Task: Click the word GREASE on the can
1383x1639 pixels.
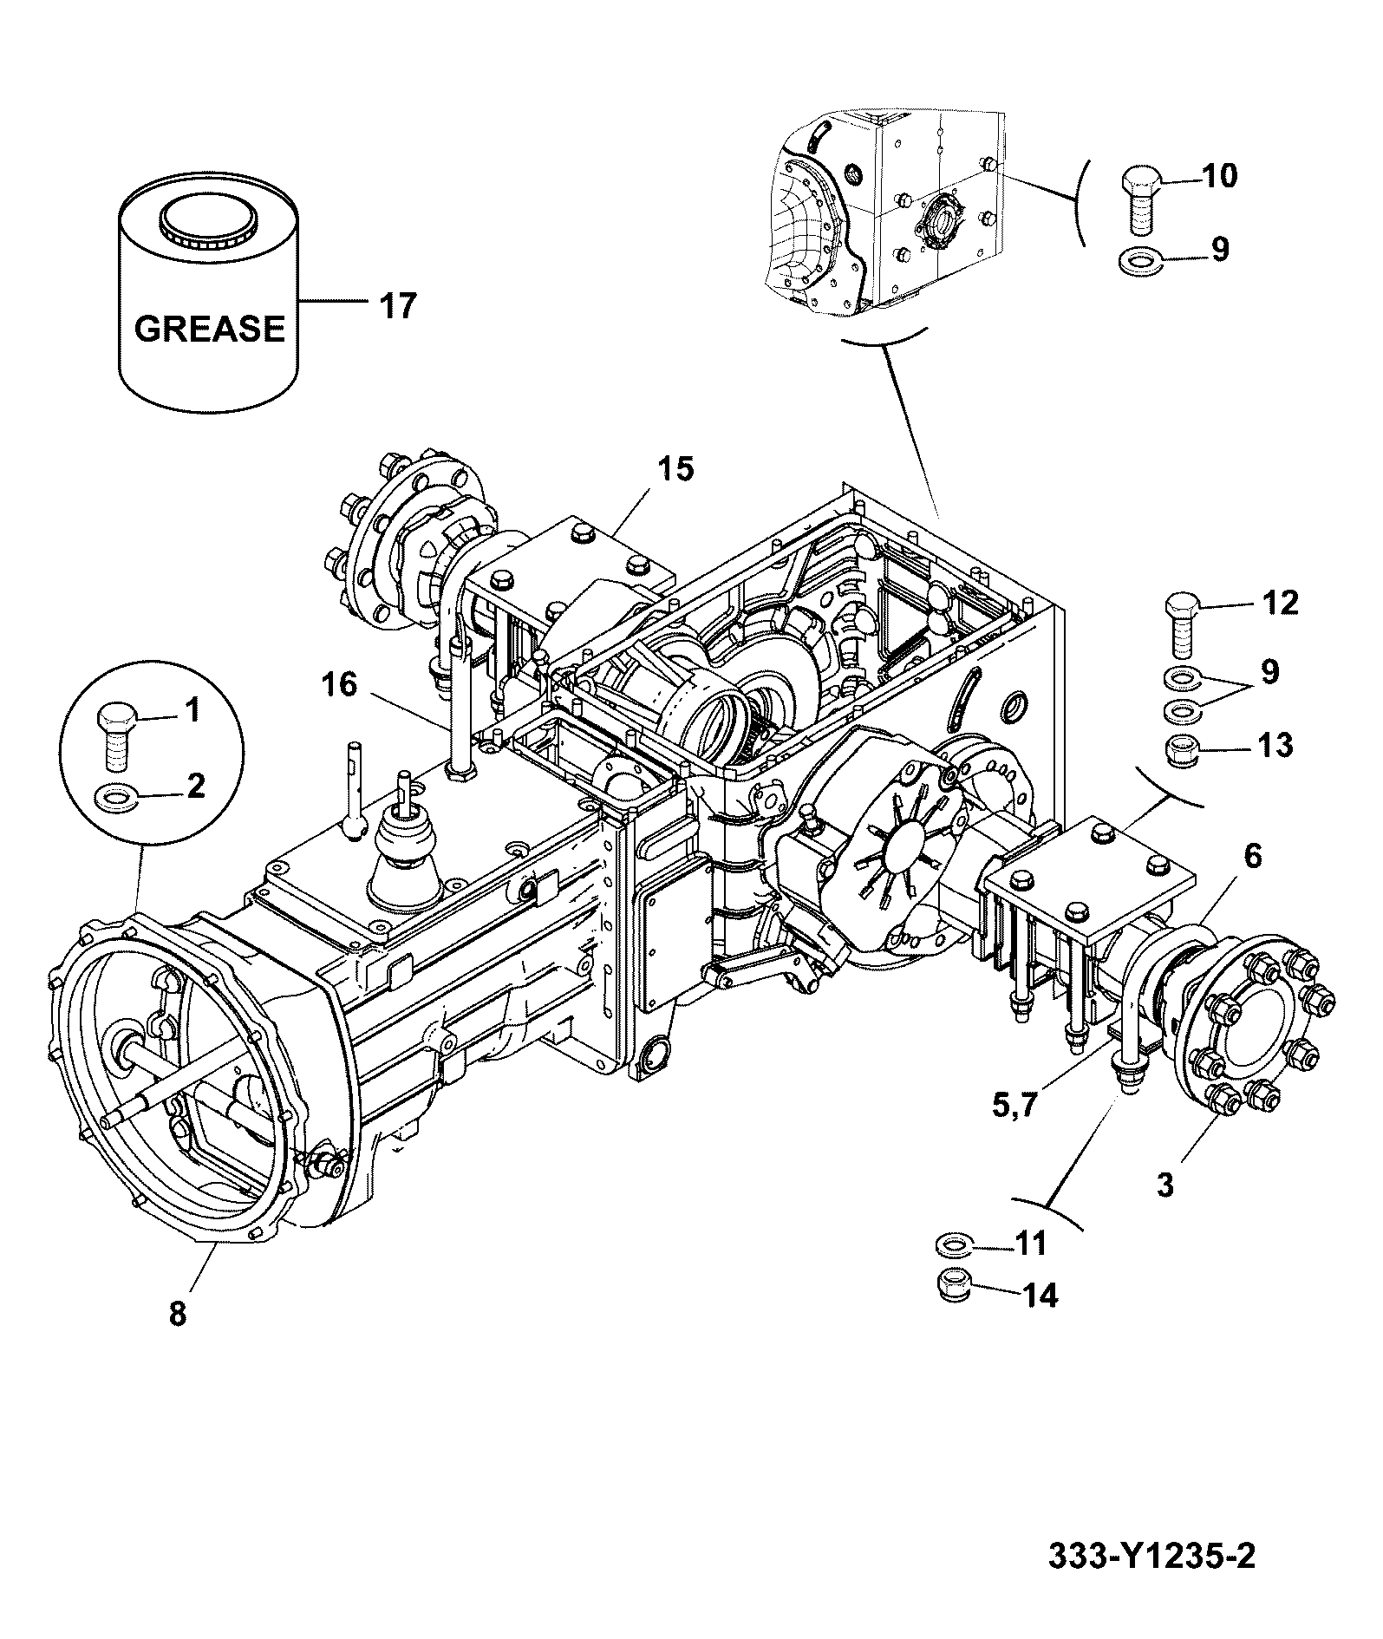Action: point(210,329)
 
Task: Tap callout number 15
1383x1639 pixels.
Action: point(675,470)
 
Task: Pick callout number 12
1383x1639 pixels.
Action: point(1279,603)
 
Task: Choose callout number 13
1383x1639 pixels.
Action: point(1274,745)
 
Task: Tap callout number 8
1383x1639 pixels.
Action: point(177,1314)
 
